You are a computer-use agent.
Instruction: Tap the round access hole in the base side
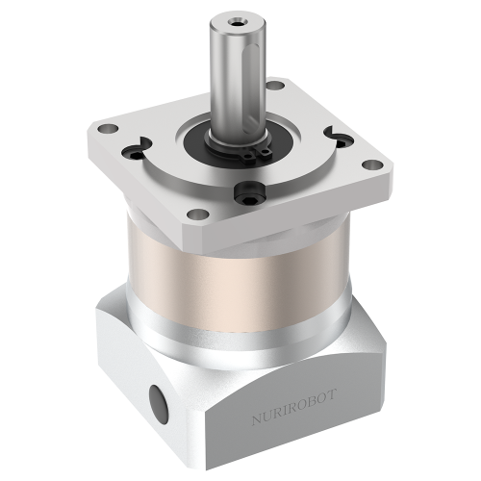[156, 396]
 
